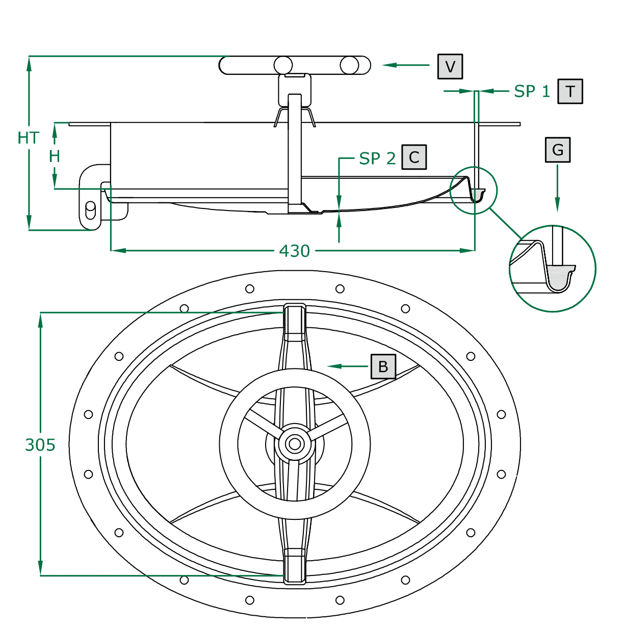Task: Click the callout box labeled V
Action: click(x=450, y=66)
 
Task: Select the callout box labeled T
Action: click(x=569, y=92)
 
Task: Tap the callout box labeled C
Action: click(x=413, y=157)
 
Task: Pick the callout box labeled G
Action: click(x=557, y=150)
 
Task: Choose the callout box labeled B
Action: click(x=383, y=366)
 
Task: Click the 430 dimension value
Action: click(x=294, y=251)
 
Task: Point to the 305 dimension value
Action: click(x=40, y=445)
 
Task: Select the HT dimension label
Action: click(x=28, y=138)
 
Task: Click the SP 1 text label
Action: click(x=532, y=92)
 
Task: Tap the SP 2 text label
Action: click(x=377, y=159)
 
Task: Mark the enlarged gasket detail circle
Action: click(x=553, y=268)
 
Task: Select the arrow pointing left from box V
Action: click(x=405, y=65)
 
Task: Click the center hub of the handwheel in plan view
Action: click(x=294, y=444)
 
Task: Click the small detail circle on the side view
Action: click(x=474, y=190)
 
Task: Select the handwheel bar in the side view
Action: click(x=295, y=65)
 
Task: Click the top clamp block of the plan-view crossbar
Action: click(x=295, y=322)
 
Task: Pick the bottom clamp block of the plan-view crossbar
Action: click(x=295, y=566)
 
